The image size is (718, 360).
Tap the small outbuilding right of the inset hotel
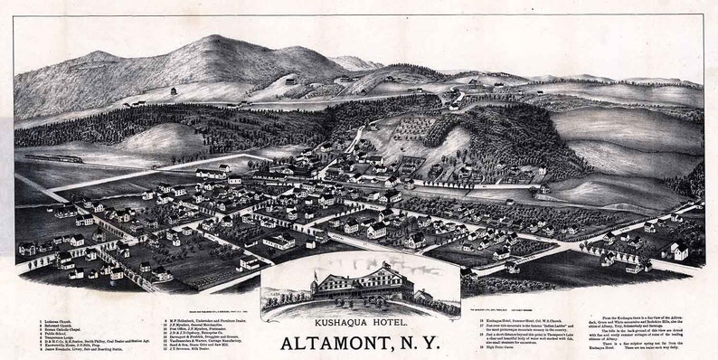422,295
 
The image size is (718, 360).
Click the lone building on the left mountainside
172,91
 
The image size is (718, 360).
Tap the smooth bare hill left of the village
163,140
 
